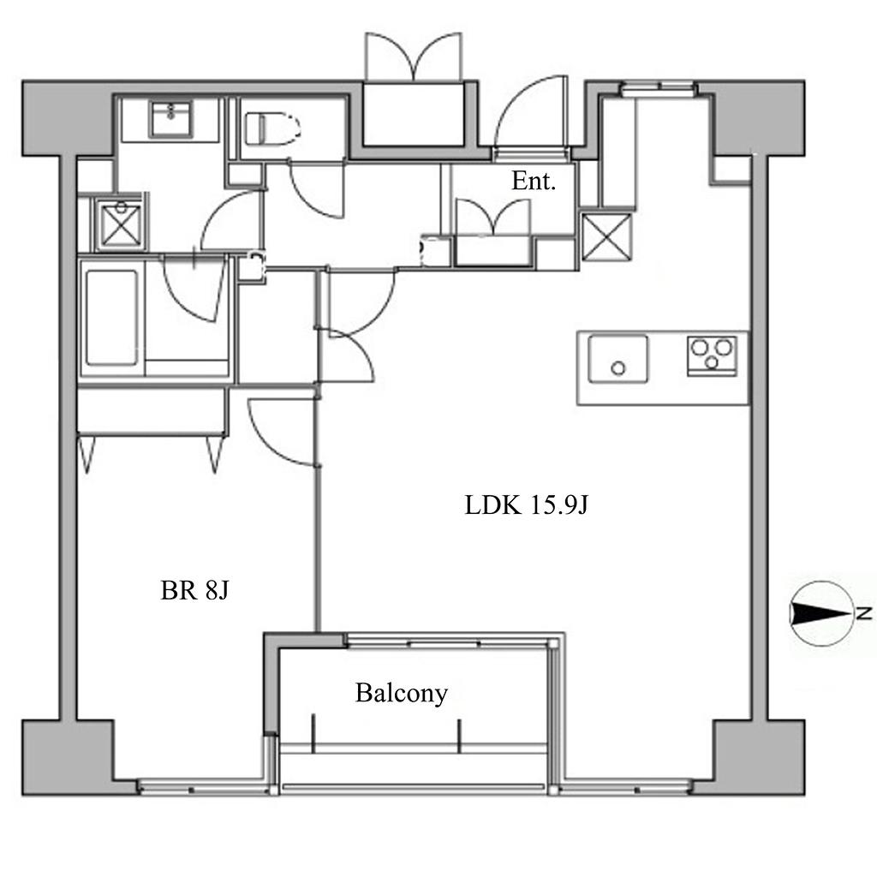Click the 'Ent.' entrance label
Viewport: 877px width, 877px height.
click(534, 182)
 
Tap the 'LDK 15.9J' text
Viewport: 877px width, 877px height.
click(527, 505)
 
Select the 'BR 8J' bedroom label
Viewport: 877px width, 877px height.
click(194, 591)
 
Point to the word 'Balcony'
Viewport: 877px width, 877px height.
click(402, 694)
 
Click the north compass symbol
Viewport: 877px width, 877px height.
click(821, 613)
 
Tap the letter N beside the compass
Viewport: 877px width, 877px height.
click(864, 613)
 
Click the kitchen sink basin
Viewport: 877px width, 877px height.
click(618, 359)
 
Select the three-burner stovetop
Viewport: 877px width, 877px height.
click(712, 355)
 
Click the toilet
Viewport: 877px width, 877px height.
click(272, 129)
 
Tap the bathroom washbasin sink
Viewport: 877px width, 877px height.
click(171, 119)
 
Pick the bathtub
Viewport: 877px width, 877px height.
click(112, 318)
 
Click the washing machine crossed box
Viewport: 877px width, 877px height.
click(121, 224)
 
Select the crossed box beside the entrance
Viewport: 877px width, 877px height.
click(607, 237)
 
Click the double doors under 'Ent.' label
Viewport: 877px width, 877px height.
click(493, 217)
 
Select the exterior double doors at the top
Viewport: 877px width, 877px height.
click(414, 57)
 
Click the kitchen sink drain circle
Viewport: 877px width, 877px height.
click(618, 368)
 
